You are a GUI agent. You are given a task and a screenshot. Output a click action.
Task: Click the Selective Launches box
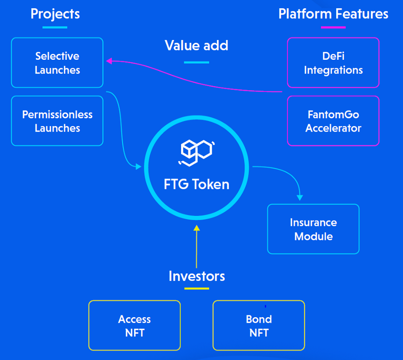pyautogui.click(x=57, y=63)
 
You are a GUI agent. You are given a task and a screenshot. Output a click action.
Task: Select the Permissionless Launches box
pyautogui.click(x=57, y=121)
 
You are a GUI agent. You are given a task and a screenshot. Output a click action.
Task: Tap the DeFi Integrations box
pyautogui.click(x=333, y=63)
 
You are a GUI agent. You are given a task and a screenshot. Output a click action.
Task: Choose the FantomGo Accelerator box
pyautogui.click(x=333, y=121)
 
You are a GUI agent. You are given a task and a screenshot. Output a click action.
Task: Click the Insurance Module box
pyautogui.click(x=313, y=229)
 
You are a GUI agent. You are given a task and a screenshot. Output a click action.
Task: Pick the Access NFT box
pyautogui.click(x=134, y=325)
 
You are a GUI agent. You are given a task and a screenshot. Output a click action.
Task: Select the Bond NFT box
pyautogui.click(x=259, y=325)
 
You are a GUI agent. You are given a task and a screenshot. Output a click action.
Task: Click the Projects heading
pyautogui.click(x=55, y=14)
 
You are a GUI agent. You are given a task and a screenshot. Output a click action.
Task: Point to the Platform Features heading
pyautogui.click(x=333, y=14)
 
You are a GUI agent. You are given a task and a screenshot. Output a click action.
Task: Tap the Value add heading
pyautogui.click(x=197, y=46)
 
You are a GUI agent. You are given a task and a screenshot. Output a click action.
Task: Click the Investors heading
pyautogui.click(x=197, y=276)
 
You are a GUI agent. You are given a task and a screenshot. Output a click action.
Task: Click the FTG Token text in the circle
pyautogui.click(x=197, y=184)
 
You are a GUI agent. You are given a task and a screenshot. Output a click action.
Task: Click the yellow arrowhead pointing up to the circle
pyautogui.click(x=197, y=227)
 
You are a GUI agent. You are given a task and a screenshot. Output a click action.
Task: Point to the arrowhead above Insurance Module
pyautogui.click(x=300, y=197)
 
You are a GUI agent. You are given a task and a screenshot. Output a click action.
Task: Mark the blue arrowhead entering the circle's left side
pyautogui.click(x=138, y=166)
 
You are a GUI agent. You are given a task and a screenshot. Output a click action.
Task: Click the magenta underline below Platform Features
pyautogui.click(x=333, y=27)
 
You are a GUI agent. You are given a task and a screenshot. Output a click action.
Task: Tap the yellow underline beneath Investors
pyautogui.click(x=197, y=289)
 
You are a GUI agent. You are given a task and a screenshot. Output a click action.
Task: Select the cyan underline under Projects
pyautogui.click(x=55, y=27)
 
